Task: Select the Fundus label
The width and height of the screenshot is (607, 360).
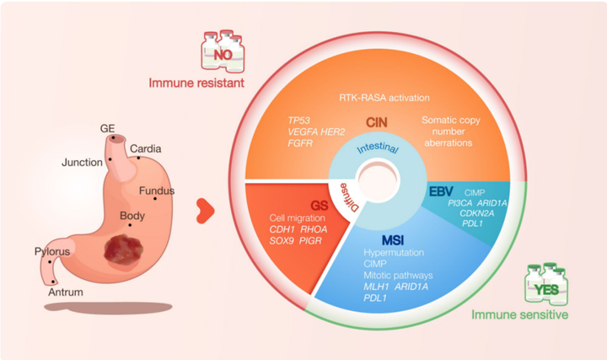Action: (157, 191)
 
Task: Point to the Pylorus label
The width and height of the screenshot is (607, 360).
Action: (52, 251)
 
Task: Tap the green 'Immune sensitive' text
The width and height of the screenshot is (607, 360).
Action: (526, 314)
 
